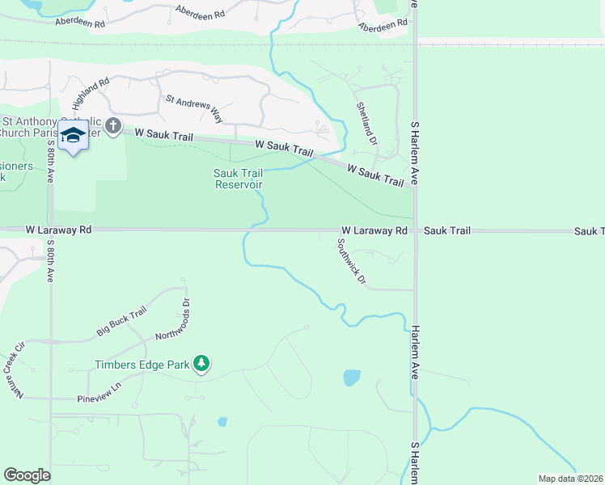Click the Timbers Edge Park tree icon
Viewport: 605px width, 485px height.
(x=201, y=365)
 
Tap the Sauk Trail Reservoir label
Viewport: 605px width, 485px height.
(x=238, y=178)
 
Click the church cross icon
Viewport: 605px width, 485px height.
(x=112, y=126)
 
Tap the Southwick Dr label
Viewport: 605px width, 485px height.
(x=352, y=262)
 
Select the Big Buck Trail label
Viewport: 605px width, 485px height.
(x=121, y=321)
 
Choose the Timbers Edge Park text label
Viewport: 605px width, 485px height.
(x=142, y=365)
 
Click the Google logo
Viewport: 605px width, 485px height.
(x=27, y=475)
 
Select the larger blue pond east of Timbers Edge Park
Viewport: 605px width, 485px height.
(x=352, y=377)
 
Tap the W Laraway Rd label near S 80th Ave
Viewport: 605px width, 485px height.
(x=58, y=230)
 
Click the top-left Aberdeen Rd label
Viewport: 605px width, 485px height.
(x=81, y=23)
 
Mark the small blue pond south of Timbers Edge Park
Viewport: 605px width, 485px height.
(x=222, y=421)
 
